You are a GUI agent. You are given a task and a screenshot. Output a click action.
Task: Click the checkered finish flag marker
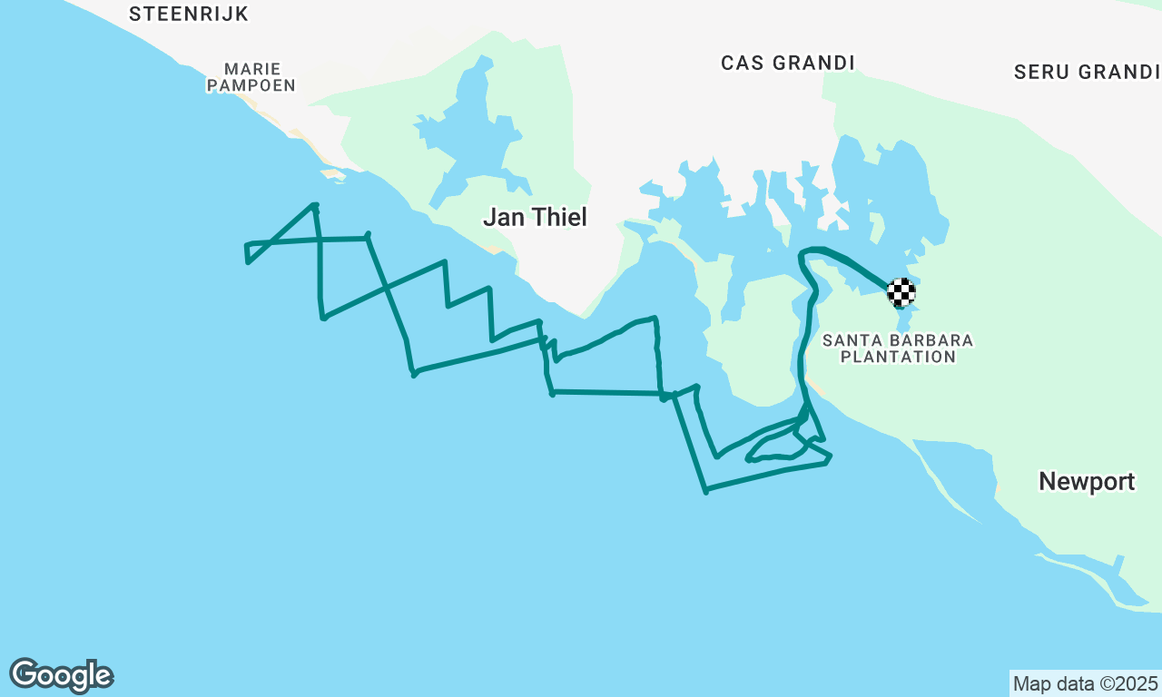click(x=901, y=291)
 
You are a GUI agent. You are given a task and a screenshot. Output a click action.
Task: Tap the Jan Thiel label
click(x=535, y=218)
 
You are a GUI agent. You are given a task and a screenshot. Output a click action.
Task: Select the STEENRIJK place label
click(x=189, y=14)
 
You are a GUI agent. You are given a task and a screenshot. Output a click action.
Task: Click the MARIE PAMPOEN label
click(x=251, y=77)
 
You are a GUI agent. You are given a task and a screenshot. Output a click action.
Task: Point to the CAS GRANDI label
click(x=788, y=63)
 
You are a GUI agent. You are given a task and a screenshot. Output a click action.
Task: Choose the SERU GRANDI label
click(x=1087, y=72)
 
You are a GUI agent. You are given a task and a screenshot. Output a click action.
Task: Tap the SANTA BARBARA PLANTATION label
click(x=898, y=348)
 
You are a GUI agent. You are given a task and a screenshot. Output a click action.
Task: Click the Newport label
click(x=1087, y=482)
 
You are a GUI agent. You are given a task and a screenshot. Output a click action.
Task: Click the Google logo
click(x=62, y=676)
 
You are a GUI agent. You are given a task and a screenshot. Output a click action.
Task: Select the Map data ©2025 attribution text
click(x=1086, y=683)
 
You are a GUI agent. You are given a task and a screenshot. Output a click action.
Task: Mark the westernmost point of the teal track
click(x=246, y=245)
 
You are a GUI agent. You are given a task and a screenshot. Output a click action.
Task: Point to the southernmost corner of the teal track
click(x=705, y=492)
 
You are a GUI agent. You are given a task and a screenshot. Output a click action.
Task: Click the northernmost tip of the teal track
click(x=314, y=205)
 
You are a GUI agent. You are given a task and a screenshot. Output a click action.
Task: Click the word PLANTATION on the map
click(x=898, y=358)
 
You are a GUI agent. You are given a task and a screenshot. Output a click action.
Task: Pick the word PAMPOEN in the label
click(x=251, y=85)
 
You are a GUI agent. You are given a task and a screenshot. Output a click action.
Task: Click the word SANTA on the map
click(x=850, y=340)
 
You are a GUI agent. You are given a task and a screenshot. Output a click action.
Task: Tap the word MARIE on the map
click(x=251, y=69)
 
